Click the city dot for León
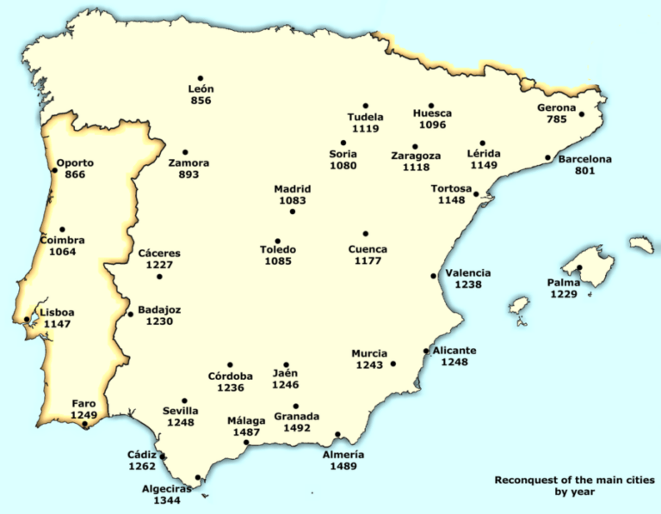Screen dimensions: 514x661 coord(201,78)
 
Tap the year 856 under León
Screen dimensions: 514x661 coord(201,101)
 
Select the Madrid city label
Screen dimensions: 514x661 coord(293,189)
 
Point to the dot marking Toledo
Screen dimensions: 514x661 coord(277,242)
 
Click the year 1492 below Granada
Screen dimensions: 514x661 coord(296,428)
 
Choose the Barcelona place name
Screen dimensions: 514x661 coord(584,159)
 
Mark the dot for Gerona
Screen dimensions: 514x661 coord(582,114)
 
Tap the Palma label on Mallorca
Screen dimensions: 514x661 coord(564,282)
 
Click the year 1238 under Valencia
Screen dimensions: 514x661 coord(468,285)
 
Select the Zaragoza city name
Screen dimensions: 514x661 coord(416,156)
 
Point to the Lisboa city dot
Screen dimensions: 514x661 coord(27,320)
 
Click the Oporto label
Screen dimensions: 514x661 coord(75,162)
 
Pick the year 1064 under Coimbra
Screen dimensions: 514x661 coord(63,253)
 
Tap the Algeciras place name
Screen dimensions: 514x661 coord(167,487)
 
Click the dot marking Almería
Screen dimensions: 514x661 coord(337,434)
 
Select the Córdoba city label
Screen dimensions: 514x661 coord(231,376)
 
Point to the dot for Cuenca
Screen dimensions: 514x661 coord(366,234)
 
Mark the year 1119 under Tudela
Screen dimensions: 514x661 coord(366,129)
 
